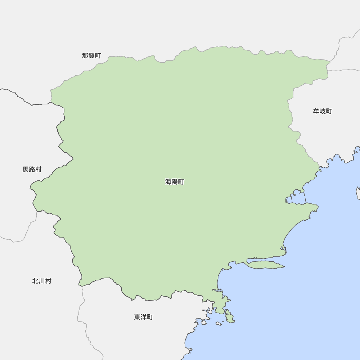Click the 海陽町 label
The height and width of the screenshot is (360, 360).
tap(175, 182)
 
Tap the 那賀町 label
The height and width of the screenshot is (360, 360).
tap(91, 55)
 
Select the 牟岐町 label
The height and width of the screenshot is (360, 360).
tap(323, 111)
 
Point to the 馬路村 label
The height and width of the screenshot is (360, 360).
tap(32, 169)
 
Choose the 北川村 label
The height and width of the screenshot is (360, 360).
tap(42, 281)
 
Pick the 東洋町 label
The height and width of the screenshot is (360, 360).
tap(144, 317)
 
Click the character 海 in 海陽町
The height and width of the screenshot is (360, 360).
tap(168, 182)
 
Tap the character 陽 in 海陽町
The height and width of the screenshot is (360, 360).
tap(175, 182)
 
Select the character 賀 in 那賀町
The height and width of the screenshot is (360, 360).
tap(91, 55)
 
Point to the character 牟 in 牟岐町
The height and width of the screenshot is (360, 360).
tap(316, 111)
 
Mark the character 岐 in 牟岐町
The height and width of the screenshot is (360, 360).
tap(323, 111)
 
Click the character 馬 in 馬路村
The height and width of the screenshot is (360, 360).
tap(26, 169)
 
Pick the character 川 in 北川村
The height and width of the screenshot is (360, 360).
tap(42, 281)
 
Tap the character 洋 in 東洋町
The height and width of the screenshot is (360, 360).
tap(144, 317)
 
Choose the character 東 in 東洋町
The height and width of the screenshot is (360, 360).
tap(137, 317)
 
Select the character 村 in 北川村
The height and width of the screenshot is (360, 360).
tap(48, 281)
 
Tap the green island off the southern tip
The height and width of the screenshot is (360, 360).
tap(229, 317)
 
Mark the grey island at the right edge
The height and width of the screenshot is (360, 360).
tap(358, 193)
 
